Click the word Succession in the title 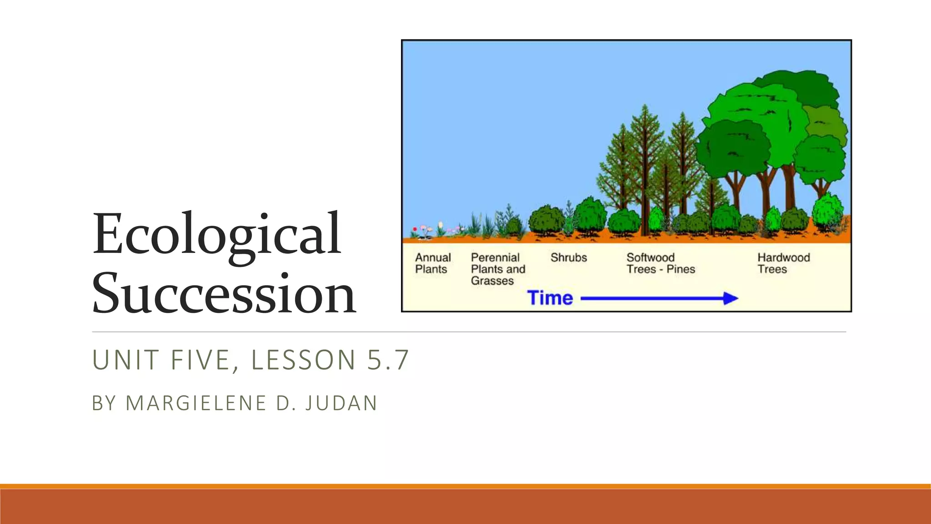click(x=224, y=292)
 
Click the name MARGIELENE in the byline click(x=196, y=403)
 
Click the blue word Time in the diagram click(x=550, y=298)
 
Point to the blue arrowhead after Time click(x=730, y=298)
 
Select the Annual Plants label click(x=433, y=263)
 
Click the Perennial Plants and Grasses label click(x=498, y=269)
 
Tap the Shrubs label click(x=569, y=257)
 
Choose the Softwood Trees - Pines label click(x=661, y=263)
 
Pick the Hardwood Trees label click(x=783, y=263)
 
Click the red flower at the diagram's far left click(x=415, y=229)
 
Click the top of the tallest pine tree click(x=646, y=107)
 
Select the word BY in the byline click(x=104, y=403)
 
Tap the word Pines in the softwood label click(x=681, y=269)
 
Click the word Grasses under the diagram click(x=492, y=281)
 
